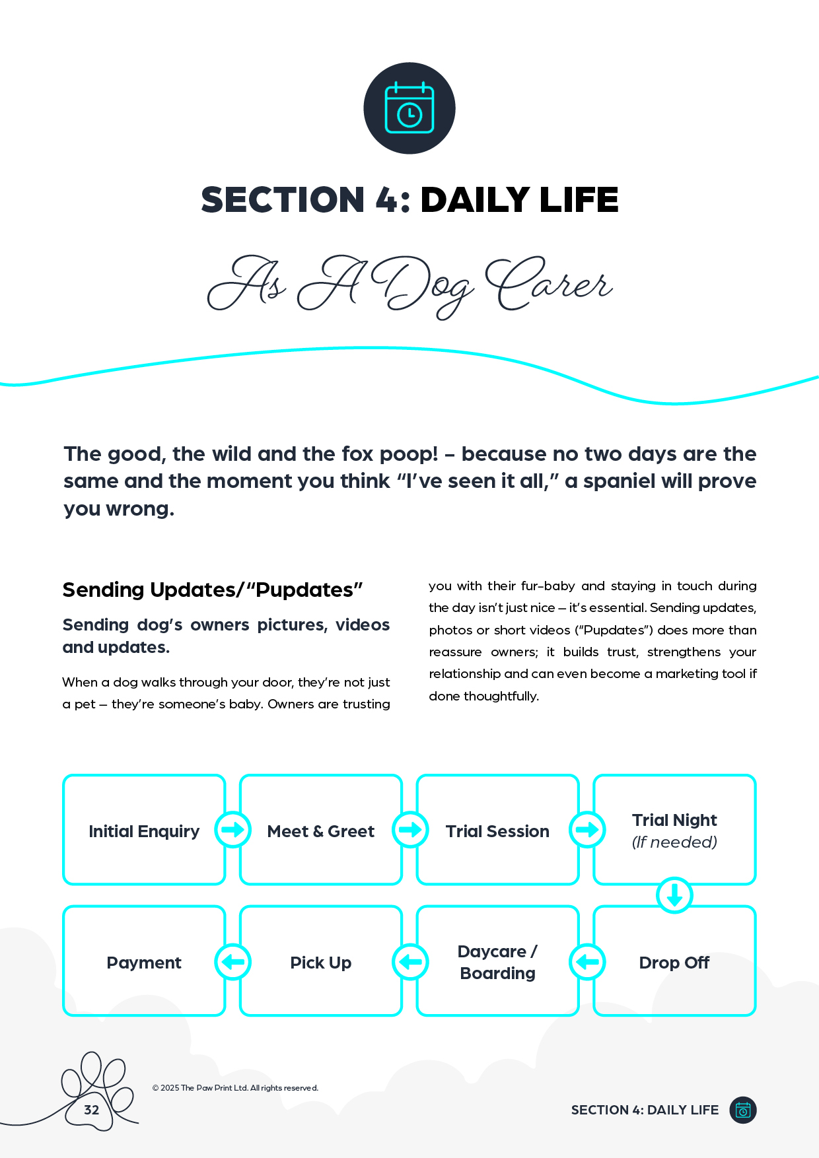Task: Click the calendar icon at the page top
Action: click(x=409, y=108)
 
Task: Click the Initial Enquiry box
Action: click(x=144, y=831)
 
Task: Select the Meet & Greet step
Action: click(x=321, y=831)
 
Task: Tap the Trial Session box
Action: click(x=497, y=831)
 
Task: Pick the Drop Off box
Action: click(x=674, y=962)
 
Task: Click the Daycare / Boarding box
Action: click(x=497, y=962)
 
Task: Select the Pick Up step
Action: click(x=321, y=962)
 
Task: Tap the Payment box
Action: click(x=144, y=962)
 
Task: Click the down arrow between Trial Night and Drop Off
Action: click(x=674, y=895)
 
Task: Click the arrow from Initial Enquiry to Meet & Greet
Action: click(x=232, y=829)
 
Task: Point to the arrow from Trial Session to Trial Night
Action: click(x=587, y=829)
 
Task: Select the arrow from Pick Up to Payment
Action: click(x=232, y=962)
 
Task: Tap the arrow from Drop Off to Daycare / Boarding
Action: click(x=587, y=962)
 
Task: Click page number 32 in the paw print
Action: click(x=92, y=1110)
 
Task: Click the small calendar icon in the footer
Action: click(x=743, y=1110)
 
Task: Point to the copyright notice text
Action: click(x=235, y=1087)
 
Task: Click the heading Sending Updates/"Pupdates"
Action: click(x=213, y=590)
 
